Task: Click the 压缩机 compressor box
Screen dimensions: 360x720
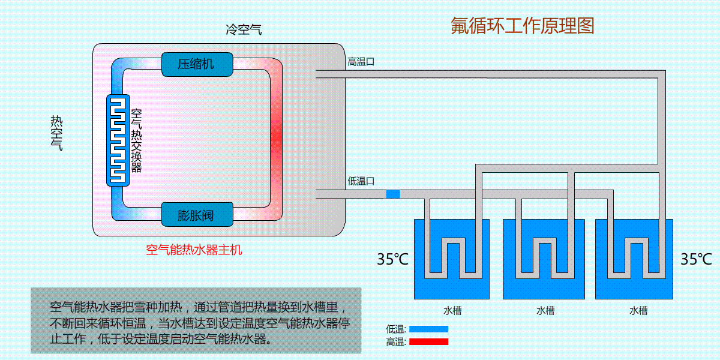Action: point(196,64)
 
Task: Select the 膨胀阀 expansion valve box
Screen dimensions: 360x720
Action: point(196,214)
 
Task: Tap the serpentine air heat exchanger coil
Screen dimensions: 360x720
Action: point(118,140)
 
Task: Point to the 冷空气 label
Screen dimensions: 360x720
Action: point(243,29)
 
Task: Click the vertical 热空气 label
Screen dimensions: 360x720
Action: point(56,132)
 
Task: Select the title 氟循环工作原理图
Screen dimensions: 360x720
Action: point(522,26)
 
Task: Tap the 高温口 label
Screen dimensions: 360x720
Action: point(361,61)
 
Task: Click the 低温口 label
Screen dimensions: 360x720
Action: point(361,181)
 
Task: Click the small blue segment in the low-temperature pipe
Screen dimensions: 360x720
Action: point(392,194)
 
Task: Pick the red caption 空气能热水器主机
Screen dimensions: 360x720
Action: point(194,250)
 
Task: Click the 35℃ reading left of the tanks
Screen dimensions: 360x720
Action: point(392,259)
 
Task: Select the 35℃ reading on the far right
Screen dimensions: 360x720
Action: point(696,259)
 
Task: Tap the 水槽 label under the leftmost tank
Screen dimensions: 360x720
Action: point(452,310)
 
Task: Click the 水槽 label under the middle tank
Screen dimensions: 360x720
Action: point(545,310)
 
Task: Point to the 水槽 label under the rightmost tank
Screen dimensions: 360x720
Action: point(638,310)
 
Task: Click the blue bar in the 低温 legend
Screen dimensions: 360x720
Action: point(428,329)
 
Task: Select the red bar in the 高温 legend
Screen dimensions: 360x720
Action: point(428,342)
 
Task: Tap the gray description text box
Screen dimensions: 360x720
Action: point(196,320)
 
